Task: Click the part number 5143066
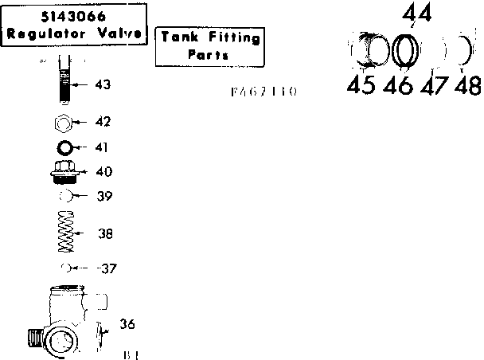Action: pos(73,17)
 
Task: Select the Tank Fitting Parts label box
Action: pos(209,45)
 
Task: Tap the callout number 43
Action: pos(103,84)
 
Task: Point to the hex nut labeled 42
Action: pos(66,122)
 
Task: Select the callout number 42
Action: pos(103,122)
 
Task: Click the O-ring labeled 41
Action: pos(66,147)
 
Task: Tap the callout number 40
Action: pos(104,171)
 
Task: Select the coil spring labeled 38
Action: pos(66,233)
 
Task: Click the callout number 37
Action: pos(107,268)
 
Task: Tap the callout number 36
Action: pos(127,323)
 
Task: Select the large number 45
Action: pos(361,85)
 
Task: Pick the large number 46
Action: pos(398,85)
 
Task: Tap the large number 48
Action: pos(467,85)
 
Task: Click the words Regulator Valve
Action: pos(73,33)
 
